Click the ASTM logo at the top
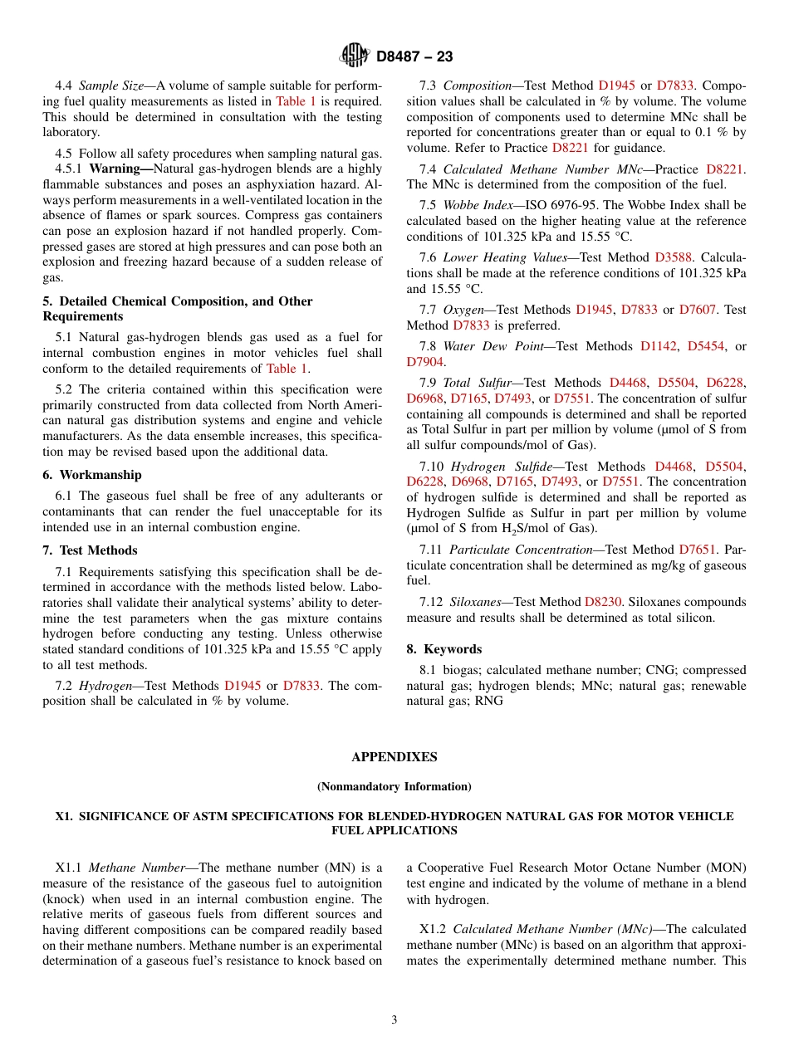click(x=355, y=56)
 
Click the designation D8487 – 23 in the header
click(x=414, y=56)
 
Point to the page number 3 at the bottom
click(x=394, y=1019)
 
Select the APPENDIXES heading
click(x=394, y=757)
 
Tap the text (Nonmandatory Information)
click(x=394, y=786)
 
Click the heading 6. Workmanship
click(x=92, y=475)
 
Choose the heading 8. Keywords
click(x=444, y=649)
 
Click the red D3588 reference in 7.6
click(x=674, y=257)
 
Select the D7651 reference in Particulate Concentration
click(x=698, y=550)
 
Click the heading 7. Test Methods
click(x=91, y=550)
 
